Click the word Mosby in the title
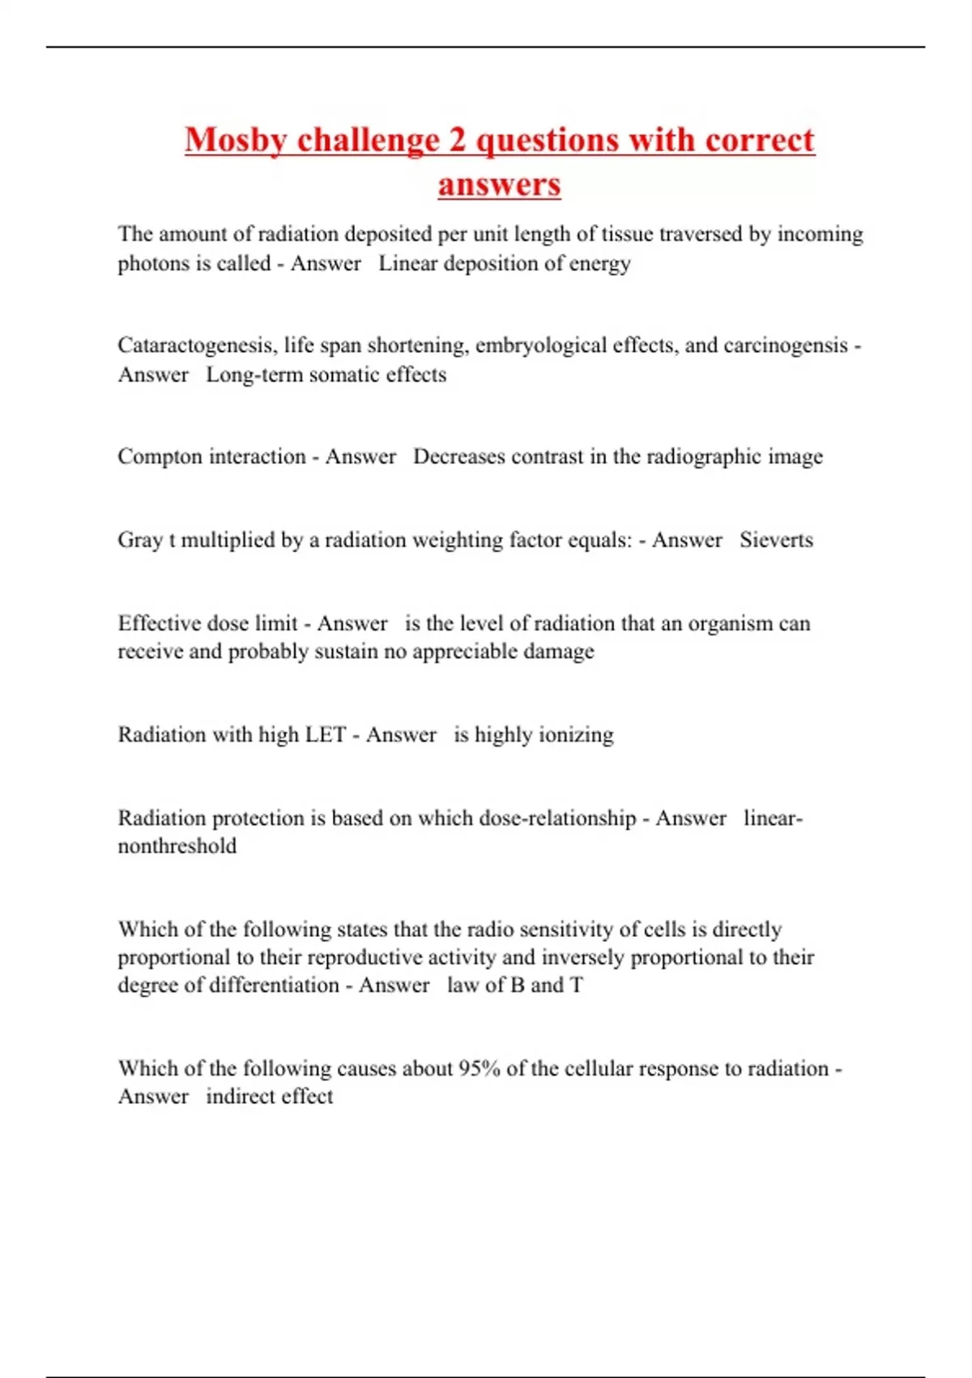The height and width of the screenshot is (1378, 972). (x=236, y=140)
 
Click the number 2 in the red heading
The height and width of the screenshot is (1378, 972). (x=457, y=140)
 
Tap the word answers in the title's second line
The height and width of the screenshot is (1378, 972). (x=499, y=184)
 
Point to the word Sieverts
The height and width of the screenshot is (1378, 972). (x=776, y=540)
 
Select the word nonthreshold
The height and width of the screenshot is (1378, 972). (x=177, y=845)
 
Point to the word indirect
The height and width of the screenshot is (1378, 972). (x=240, y=1096)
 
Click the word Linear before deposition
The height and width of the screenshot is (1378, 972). (x=408, y=263)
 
